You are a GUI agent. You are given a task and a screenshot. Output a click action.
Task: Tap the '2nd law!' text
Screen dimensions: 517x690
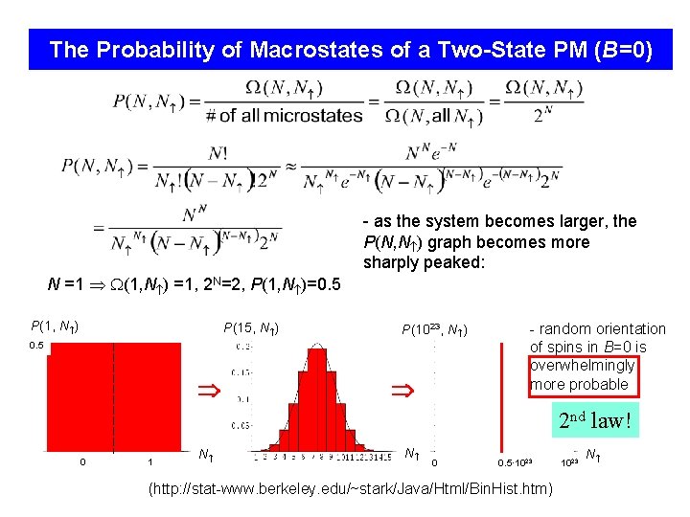(596, 419)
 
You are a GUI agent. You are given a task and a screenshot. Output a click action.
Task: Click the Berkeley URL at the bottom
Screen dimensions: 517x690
(350, 489)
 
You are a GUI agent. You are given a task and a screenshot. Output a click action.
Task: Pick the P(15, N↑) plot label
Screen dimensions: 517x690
(252, 328)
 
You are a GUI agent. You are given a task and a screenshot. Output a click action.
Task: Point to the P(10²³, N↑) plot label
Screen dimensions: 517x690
(434, 330)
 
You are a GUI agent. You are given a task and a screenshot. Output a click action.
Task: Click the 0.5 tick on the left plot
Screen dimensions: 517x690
(37, 346)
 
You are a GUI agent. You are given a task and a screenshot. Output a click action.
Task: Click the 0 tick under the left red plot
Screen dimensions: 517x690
(82, 462)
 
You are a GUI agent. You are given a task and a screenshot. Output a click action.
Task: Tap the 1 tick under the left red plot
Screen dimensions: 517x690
(150, 462)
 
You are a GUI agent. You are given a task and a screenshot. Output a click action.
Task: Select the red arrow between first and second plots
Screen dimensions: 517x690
(209, 391)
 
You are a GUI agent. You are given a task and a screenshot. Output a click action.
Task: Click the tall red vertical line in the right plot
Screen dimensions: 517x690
(503, 392)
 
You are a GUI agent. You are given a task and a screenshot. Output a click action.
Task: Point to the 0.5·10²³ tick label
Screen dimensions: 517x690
(515, 463)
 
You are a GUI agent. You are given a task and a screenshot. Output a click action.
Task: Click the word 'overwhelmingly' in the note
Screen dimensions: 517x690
(582, 366)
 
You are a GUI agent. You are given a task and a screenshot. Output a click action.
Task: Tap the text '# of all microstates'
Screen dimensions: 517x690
(284, 116)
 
